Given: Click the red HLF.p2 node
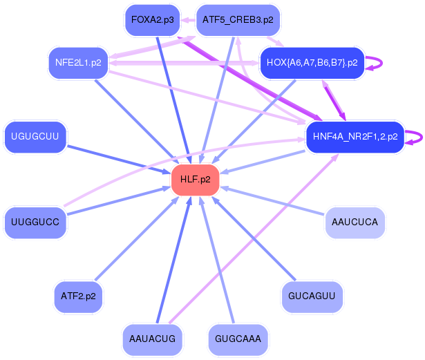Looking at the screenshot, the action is coord(195,180).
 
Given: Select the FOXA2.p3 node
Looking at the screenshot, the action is coord(153,20).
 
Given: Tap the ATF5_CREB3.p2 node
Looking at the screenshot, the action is coord(238,20).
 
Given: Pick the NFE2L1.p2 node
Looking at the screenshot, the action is coord(78,63).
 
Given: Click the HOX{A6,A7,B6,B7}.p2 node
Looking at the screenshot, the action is coord(312,63).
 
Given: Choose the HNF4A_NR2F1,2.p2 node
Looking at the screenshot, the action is coord(355,137).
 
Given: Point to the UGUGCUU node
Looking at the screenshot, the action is coord(35,137).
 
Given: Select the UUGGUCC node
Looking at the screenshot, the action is coord(35,222).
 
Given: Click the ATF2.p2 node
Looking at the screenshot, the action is coord(78,296).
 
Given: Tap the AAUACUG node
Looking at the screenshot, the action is coord(152,339).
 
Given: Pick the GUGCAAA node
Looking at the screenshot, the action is coord(238,339).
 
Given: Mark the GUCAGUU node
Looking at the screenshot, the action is coord(312,296).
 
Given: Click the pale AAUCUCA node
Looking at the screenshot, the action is coord(355,222).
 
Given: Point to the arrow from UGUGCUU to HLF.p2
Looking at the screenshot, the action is coord(118,160).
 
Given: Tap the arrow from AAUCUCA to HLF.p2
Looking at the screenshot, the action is coord(272,200).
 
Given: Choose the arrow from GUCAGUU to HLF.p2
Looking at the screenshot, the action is coord(254,238).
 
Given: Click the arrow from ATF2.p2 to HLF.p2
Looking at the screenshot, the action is coord(137,238).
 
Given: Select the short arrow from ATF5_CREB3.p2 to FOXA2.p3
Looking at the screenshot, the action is coord(188,20).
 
